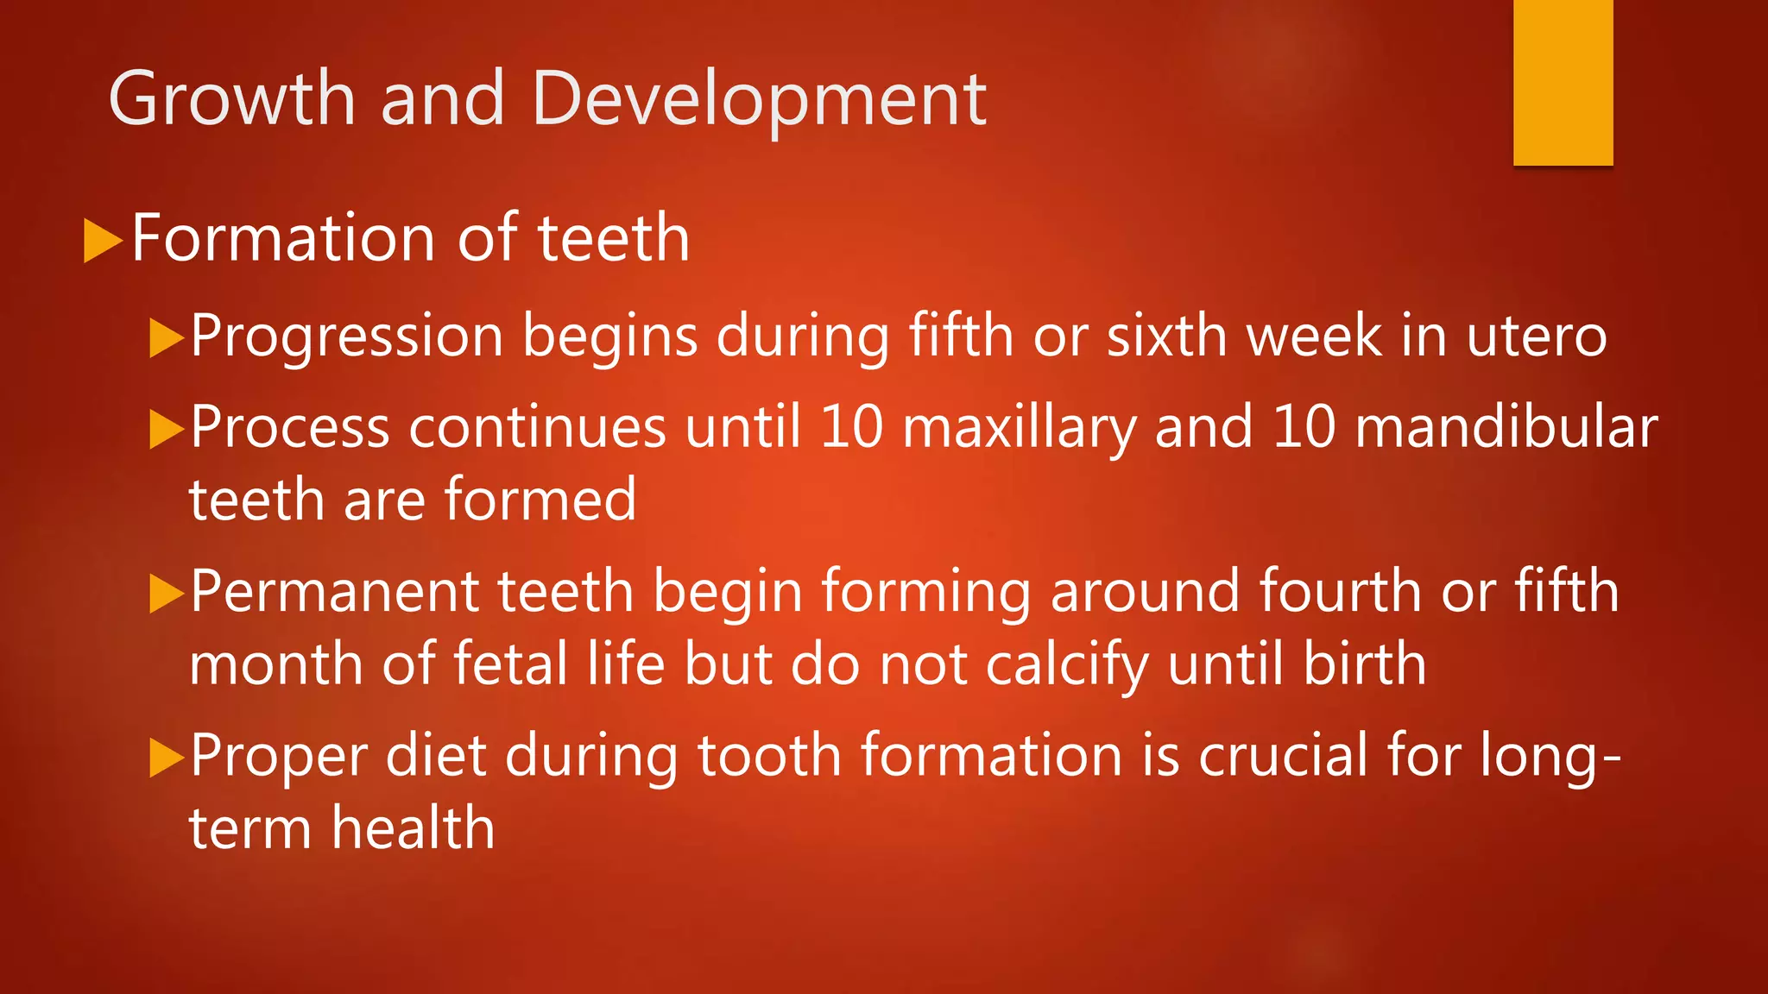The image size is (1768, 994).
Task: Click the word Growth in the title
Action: click(x=231, y=99)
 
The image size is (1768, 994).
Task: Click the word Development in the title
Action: click(x=759, y=99)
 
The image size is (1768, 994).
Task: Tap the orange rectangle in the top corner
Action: click(x=1563, y=82)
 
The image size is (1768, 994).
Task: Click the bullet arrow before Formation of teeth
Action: click(x=102, y=241)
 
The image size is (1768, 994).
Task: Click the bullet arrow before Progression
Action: click(x=166, y=337)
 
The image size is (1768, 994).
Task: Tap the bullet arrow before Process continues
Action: click(x=166, y=429)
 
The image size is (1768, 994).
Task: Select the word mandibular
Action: click(x=1506, y=427)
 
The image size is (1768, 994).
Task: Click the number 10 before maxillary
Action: click(x=851, y=427)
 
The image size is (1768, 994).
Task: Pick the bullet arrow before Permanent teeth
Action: click(x=166, y=594)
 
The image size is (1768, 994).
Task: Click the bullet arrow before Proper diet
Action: click(x=166, y=758)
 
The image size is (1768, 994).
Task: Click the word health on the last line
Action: click(x=414, y=828)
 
